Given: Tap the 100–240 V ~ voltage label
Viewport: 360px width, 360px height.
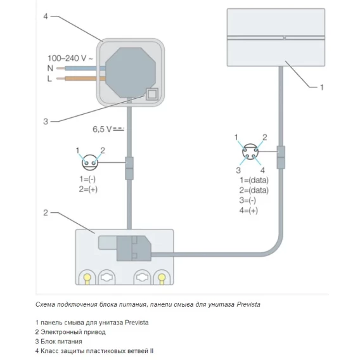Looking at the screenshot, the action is click(70, 58).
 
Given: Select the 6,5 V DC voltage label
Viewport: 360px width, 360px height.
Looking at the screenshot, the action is click(108, 129).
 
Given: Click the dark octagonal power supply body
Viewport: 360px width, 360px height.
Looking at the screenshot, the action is click(131, 72).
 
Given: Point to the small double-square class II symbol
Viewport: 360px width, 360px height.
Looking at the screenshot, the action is click(152, 94).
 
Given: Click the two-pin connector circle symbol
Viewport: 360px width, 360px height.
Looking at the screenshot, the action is click(90, 162).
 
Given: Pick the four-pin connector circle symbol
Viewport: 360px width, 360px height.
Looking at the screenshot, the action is click(250, 151).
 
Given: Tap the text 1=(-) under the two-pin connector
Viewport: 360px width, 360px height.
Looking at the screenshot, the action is click(87, 179).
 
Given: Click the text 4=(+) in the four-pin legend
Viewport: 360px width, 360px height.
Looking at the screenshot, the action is click(248, 210).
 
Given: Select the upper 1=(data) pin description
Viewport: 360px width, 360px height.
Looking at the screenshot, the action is click(254, 180).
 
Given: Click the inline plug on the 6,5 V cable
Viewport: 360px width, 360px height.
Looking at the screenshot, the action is click(129, 169).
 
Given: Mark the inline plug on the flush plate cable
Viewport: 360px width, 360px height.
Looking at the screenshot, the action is click(281, 157).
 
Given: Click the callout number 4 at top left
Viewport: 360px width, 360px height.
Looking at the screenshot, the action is click(46, 16).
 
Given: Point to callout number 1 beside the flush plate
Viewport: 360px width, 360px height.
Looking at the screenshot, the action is click(322, 87).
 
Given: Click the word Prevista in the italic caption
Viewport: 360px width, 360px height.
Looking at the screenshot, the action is click(248, 304).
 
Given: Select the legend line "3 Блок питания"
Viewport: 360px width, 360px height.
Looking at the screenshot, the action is click(58, 342).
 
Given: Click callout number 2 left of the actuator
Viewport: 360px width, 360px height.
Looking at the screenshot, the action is click(46, 213).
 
